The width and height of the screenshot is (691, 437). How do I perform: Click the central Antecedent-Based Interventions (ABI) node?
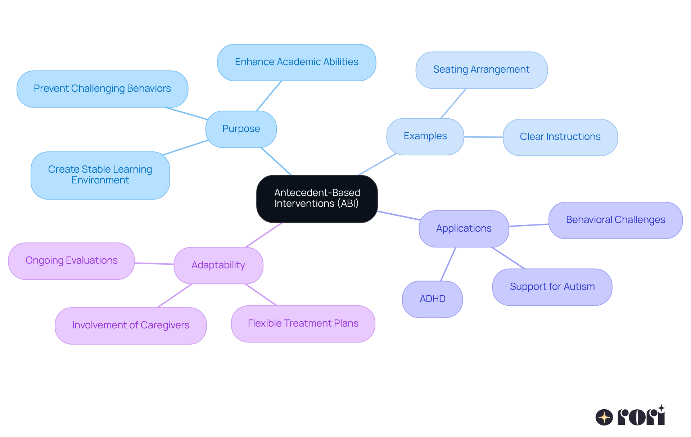tap(317, 199)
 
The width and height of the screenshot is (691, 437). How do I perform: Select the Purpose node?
tap(241, 129)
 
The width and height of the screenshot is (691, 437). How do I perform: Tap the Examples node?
tap(425, 136)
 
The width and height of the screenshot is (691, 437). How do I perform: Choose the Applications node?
tap(464, 229)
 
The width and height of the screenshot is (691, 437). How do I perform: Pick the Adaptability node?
tap(218, 265)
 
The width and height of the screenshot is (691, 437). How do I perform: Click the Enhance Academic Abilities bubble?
tap(297, 62)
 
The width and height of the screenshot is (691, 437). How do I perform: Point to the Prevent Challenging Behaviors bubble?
tap(102, 89)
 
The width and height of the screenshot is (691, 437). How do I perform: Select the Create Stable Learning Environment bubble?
tap(100, 175)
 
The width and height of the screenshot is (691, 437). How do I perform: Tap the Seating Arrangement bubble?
tap(481, 70)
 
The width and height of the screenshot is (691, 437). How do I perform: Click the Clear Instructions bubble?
tap(560, 137)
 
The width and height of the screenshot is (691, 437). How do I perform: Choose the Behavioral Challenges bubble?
tap(615, 220)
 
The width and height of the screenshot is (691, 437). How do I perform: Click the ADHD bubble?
tap(432, 299)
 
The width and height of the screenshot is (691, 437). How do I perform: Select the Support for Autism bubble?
tap(552, 287)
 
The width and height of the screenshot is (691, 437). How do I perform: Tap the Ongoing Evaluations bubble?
tap(71, 261)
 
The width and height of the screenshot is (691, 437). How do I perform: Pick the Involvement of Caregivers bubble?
tap(130, 326)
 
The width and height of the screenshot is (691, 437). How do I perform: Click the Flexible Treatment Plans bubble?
tap(303, 324)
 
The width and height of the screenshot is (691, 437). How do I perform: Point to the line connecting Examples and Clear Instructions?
tap(483, 137)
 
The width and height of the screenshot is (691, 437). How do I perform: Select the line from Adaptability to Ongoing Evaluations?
tap(154, 264)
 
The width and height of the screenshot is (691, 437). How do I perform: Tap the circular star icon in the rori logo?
tap(604, 417)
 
